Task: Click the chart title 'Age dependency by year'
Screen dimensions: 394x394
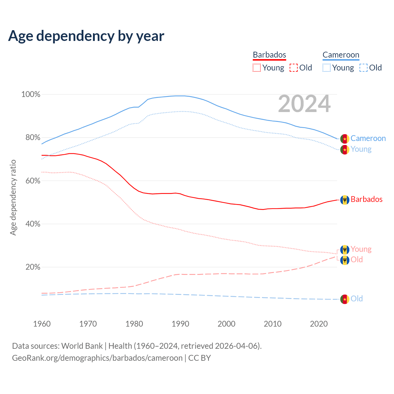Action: (86, 36)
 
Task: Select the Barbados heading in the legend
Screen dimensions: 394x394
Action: (269, 55)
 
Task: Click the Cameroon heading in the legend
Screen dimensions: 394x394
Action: (341, 55)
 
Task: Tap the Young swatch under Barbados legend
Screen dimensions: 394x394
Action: (257, 68)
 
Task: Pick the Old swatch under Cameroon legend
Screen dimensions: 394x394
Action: (364, 68)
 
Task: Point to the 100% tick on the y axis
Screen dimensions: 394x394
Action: (31, 94)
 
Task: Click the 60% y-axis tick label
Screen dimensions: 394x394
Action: (33, 181)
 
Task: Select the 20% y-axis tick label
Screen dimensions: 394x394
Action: (33, 267)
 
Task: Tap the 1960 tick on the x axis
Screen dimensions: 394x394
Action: (42, 324)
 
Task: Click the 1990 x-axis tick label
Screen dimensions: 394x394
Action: (180, 324)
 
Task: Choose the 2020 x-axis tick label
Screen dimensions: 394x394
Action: (319, 324)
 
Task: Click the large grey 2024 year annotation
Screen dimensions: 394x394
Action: (304, 104)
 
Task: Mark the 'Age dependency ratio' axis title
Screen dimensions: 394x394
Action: (13, 197)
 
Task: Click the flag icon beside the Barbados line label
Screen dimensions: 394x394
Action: (345, 200)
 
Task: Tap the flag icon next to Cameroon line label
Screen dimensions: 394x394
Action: (345, 139)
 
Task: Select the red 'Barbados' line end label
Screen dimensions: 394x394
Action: (366, 199)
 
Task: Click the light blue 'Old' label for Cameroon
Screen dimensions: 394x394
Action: (356, 299)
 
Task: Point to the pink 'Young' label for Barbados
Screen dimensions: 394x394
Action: (361, 249)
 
